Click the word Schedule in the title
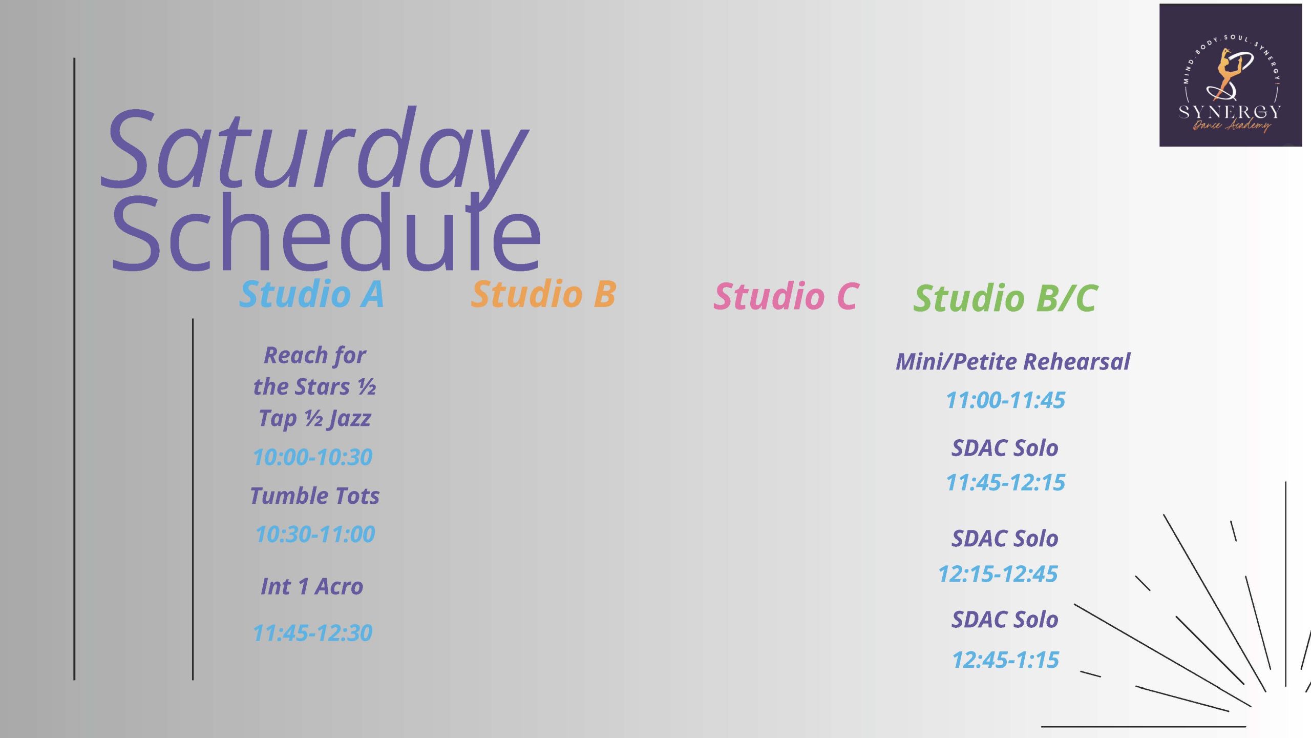click(x=326, y=232)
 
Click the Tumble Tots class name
click(x=315, y=496)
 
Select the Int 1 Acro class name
click(x=312, y=586)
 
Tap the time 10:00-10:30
click(x=313, y=457)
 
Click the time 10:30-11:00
click(x=315, y=534)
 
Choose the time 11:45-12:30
click(x=313, y=633)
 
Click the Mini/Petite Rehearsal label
click(x=1013, y=361)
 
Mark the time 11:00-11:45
click(x=1006, y=400)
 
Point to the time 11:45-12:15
click(x=1006, y=482)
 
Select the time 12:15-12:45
click(x=998, y=574)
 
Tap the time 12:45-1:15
click(x=1006, y=660)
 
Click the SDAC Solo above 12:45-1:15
click(x=1005, y=619)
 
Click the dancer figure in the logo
click(x=1227, y=75)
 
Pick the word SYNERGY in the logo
click(x=1230, y=112)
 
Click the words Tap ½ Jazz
click(x=314, y=418)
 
